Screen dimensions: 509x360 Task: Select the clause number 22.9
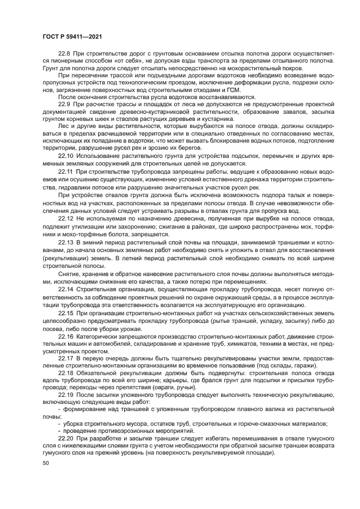tap(64, 104)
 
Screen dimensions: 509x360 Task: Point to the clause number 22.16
tap(65, 339)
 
